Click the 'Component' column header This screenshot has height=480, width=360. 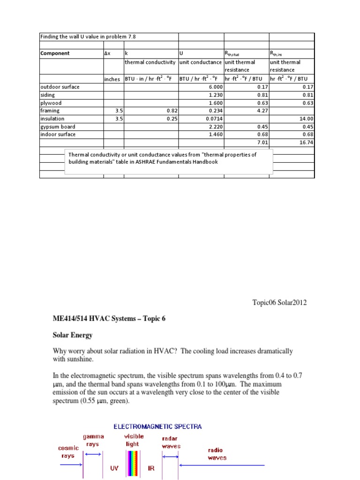click(x=55, y=53)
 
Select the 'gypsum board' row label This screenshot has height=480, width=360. click(x=58, y=127)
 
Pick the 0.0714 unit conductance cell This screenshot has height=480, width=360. click(x=213, y=119)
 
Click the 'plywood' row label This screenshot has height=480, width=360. click(x=51, y=103)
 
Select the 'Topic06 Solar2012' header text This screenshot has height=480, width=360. click(x=279, y=302)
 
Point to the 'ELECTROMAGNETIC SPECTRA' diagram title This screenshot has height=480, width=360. click(x=158, y=426)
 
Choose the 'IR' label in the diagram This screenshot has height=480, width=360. click(x=151, y=468)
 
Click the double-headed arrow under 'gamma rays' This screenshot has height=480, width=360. click(x=93, y=454)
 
